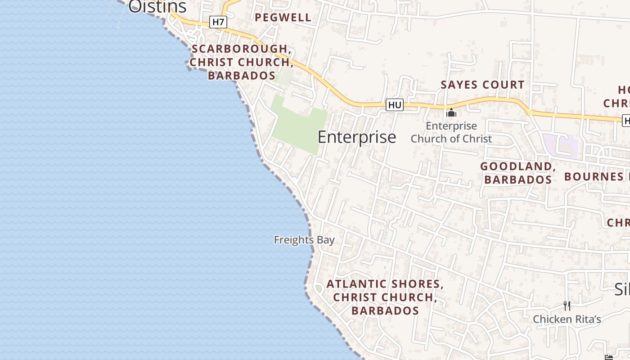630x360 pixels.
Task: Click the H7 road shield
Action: point(218,22)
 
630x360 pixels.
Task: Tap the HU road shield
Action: point(395,105)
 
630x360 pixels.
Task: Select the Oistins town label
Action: point(157,7)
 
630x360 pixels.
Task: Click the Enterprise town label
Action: point(357,137)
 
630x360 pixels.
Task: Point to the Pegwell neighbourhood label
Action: point(283,18)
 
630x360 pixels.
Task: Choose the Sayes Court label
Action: point(482,85)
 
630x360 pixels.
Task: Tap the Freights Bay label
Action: point(304,240)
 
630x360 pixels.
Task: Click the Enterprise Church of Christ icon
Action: point(451,112)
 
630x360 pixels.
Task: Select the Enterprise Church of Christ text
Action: point(451,132)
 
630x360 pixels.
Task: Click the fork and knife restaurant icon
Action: point(567,306)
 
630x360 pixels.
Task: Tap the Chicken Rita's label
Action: point(567,319)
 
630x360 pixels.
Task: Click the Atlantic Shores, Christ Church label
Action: point(385,291)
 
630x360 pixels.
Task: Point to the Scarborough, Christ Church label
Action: point(242,62)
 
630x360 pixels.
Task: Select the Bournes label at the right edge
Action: point(596,176)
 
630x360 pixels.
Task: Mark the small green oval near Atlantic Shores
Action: point(319,288)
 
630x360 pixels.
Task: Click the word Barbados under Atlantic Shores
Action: point(385,311)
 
